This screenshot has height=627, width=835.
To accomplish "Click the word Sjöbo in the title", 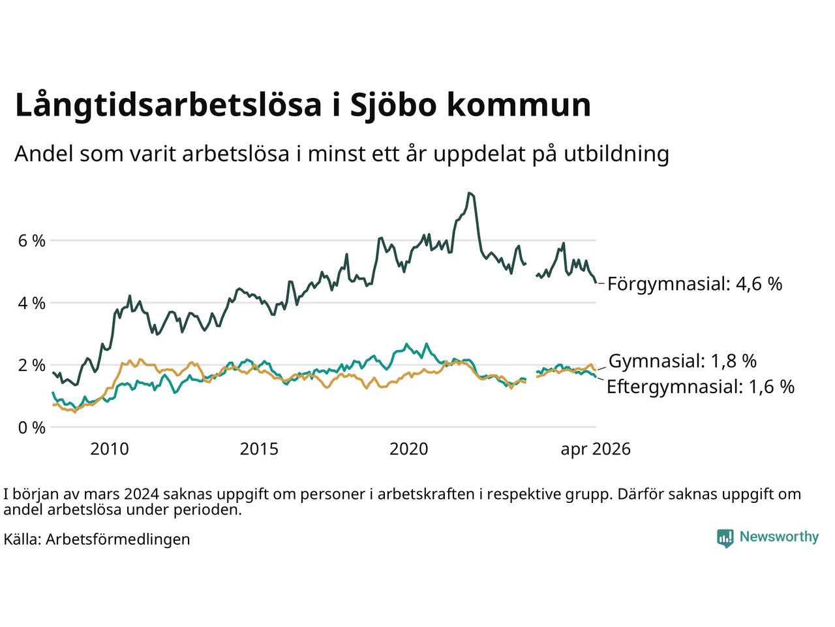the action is (393, 105).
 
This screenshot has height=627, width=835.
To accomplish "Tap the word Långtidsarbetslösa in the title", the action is (168, 105).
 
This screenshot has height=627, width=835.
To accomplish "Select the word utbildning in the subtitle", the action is (616, 155).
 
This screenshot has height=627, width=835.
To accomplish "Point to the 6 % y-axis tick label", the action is (32, 241).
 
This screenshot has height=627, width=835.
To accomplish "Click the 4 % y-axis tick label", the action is (32, 304).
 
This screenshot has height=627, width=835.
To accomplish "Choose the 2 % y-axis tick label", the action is (32, 366).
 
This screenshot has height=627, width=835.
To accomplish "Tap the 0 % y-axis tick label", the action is (32, 428).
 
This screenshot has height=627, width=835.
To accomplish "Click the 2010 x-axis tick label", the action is (110, 449).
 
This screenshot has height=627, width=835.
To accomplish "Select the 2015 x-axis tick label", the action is (259, 449).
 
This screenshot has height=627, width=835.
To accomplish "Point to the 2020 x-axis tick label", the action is (408, 449).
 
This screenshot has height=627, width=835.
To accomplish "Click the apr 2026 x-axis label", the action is (596, 450).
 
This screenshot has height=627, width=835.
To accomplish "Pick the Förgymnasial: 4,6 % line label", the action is (695, 284).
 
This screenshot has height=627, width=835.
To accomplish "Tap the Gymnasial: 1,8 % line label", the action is (682, 361).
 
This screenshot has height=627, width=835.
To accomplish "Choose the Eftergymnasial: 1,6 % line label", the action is (701, 387).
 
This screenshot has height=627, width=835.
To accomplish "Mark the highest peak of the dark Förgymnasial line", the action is (470, 193).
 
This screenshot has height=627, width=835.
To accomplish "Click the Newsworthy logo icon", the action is (725, 538).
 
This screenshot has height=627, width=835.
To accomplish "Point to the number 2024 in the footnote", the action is (142, 494).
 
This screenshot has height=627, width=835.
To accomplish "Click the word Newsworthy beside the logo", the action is (779, 537).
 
